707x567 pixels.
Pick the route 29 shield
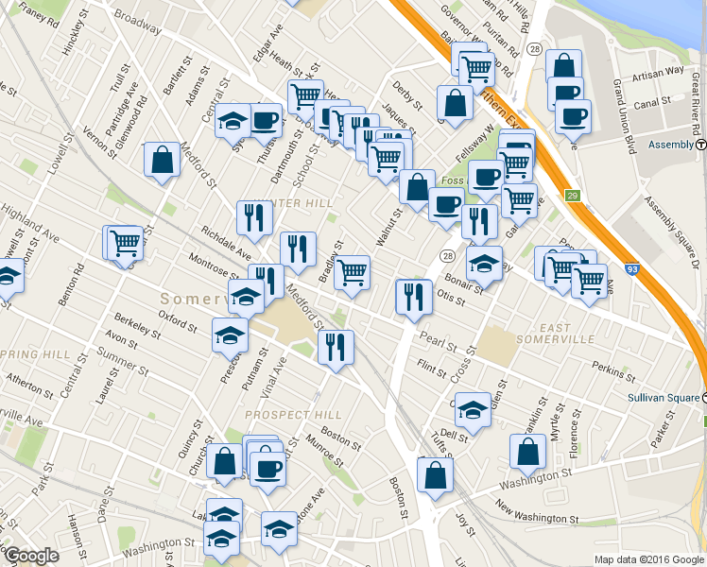tap(572, 195)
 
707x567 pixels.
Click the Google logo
tap(31, 556)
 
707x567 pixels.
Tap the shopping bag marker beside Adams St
tap(163, 160)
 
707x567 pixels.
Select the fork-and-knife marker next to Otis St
tap(413, 297)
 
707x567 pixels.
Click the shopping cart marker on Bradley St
tap(353, 272)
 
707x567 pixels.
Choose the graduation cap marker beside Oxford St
tap(230, 335)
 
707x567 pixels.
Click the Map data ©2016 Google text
tap(647, 558)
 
